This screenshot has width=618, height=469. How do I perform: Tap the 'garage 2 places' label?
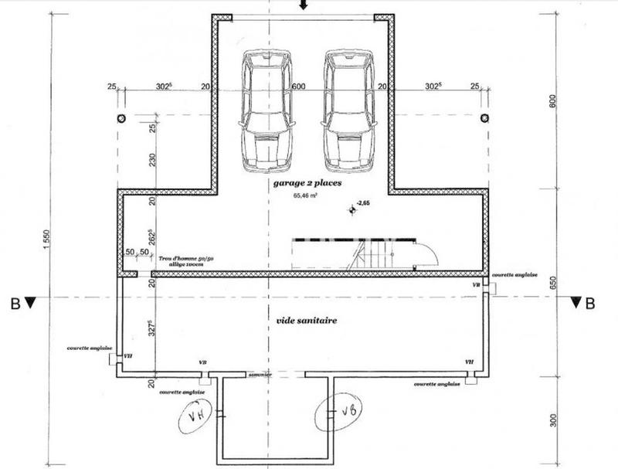point(307,184)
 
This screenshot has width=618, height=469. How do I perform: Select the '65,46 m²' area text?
point(306,196)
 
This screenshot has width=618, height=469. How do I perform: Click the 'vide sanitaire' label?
point(307,318)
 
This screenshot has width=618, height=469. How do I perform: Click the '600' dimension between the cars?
point(300,87)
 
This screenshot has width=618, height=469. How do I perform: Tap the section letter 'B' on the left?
point(15,304)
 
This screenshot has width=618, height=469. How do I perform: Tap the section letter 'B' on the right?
point(590,304)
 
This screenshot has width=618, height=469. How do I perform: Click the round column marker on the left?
point(121,118)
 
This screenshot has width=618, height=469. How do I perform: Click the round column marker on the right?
point(485,118)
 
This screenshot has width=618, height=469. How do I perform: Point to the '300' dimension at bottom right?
point(552,420)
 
